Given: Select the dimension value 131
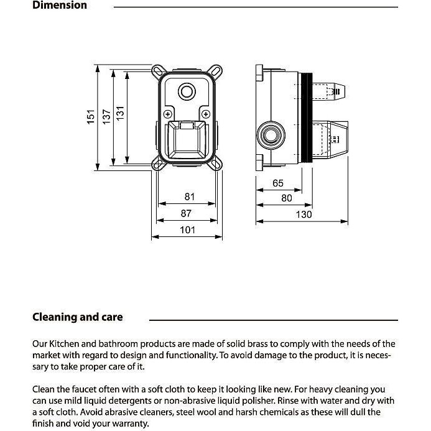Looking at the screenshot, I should pos(121,114).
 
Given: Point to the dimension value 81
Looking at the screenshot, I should pos(190,197).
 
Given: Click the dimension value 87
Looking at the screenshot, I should pos(187,213).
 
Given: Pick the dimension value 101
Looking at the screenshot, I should pos(188,230).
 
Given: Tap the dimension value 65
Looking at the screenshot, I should pos(278,183).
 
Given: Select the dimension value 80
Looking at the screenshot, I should pos(287,198).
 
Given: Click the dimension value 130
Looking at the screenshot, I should pos(304,215).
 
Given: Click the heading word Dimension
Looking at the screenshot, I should pos(60,6).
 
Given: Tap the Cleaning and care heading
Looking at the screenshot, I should pos(78,317).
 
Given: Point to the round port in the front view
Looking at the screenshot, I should pos(187,93).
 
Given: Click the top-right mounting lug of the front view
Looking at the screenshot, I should pos(217,70).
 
